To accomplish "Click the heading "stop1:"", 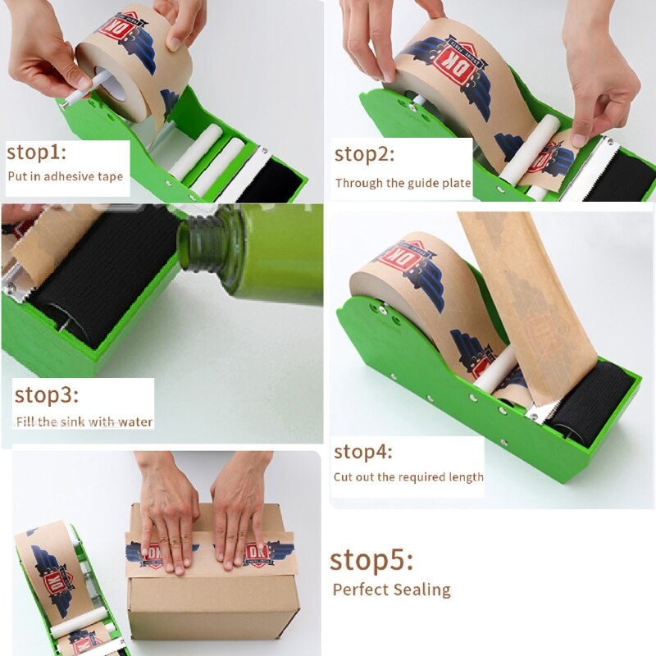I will coord(37,153).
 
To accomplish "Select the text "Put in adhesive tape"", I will coord(66,176).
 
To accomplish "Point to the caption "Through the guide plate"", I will coord(403,183).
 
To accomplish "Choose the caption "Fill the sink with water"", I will coord(84,421).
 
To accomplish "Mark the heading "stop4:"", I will coord(363,451).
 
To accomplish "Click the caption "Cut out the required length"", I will coord(408,477).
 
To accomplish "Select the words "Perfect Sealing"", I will coord(391,590).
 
